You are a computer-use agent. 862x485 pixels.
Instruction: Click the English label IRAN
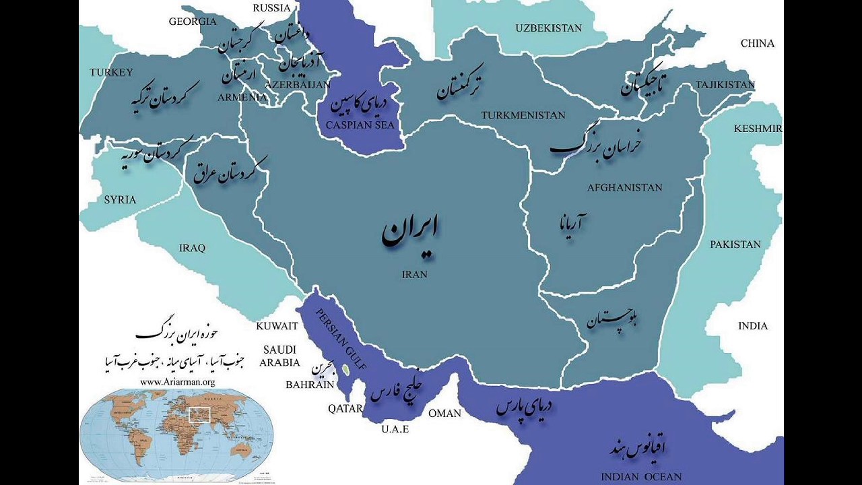coord(414,274)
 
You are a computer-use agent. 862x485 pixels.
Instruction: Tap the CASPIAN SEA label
coord(360,125)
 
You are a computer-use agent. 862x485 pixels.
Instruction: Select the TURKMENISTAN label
coord(523,115)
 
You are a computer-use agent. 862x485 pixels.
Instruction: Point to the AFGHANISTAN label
coord(624,187)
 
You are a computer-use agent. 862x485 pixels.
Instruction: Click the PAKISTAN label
coord(735,245)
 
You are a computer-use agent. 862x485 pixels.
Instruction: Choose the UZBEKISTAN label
coord(548,28)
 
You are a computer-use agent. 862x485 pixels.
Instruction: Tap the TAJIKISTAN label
coord(725,85)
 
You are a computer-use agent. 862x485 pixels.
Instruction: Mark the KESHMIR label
coord(758,129)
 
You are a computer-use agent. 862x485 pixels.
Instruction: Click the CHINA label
coord(758,43)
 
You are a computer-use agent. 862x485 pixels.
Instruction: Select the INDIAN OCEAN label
coord(641,477)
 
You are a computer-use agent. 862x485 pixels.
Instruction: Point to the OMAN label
coord(444,413)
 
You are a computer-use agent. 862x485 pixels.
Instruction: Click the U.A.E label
coord(395,428)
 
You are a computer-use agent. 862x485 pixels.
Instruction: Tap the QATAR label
coord(345,408)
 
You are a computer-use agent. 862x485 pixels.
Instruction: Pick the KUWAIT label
coord(277,326)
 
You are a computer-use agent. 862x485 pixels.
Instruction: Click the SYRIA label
coord(120,199)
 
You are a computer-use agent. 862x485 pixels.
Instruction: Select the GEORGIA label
coord(193,22)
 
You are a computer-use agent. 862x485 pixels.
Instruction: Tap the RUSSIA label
coord(272,8)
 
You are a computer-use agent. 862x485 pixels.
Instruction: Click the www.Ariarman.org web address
coord(178,381)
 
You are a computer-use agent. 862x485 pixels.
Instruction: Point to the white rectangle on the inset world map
coord(199,414)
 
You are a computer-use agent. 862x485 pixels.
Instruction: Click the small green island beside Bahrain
coord(345,369)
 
